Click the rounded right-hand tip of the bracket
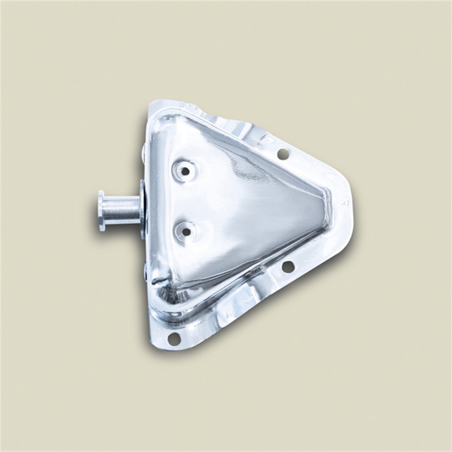(x=350, y=208)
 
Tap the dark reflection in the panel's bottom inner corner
(x=163, y=286)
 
